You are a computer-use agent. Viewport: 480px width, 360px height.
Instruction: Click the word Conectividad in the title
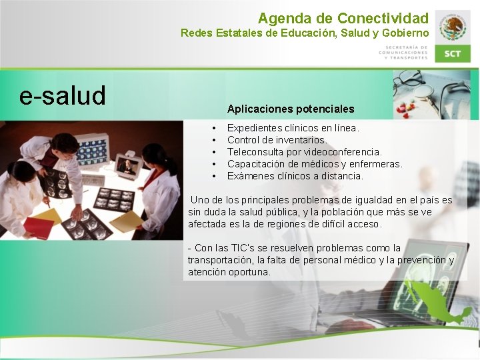(x=383, y=18)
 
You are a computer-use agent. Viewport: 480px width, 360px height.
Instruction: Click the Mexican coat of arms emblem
(x=453, y=27)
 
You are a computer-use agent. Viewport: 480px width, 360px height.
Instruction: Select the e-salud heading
(x=63, y=96)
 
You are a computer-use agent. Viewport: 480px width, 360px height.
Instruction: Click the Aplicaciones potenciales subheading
(x=291, y=109)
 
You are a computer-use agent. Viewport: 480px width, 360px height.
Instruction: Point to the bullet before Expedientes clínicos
(x=214, y=127)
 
